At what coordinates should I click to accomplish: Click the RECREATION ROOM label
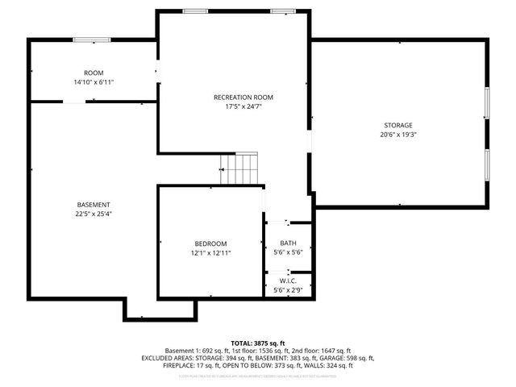tap(238, 97)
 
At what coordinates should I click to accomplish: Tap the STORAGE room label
tap(397, 125)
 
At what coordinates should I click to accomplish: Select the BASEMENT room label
tap(94, 205)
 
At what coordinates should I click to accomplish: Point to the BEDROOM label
tap(210, 243)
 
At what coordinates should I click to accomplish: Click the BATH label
tap(288, 243)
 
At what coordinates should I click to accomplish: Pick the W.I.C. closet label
tap(288, 281)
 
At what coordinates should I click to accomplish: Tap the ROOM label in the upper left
tap(94, 73)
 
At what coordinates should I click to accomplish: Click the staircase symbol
tap(240, 169)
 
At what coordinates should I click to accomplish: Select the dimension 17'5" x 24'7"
tap(238, 106)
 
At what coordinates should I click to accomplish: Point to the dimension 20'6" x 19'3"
tap(397, 135)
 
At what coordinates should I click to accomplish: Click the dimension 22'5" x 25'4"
tap(94, 214)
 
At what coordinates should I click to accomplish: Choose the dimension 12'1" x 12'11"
tap(210, 253)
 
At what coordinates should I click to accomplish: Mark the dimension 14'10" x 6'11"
tap(94, 82)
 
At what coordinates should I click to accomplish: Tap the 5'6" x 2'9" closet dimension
tap(288, 289)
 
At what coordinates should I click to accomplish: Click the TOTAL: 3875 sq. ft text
tap(258, 343)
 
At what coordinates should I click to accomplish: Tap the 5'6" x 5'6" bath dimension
tap(288, 252)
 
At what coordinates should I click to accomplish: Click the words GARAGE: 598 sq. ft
tap(347, 358)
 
